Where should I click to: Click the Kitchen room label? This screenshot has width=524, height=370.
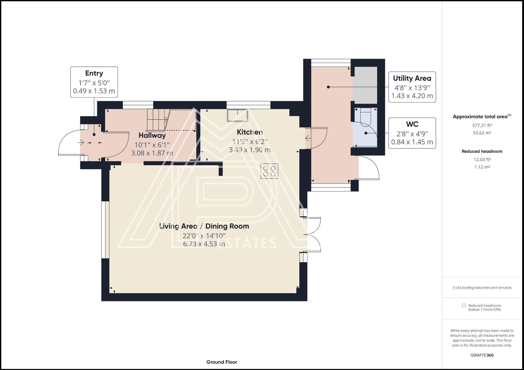pyautogui.click(x=250, y=132)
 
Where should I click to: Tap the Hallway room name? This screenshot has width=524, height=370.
pyautogui.click(x=152, y=135)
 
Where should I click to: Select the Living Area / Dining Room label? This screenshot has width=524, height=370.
pyautogui.click(x=204, y=226)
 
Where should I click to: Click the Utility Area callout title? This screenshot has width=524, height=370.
pyautogui.click(x=412, y=78)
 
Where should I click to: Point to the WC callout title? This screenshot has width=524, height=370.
pyautogui.click(x=412, y=124)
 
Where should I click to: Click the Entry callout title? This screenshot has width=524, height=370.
pyautogui.click(x=94, y=73)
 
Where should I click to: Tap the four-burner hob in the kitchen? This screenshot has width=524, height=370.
pyautogui.click(x=269, y=171)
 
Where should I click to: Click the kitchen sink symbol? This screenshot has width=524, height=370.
pyautogui.click(x=237, y=115)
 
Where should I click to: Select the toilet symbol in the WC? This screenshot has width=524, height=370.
pyautogui.click(x=366, y=117)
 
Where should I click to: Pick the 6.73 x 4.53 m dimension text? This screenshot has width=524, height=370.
pyautogui.click(x=204, y=244)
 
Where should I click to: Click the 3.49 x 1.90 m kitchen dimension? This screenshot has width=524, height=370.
pyautogui.click(x=249, y=150)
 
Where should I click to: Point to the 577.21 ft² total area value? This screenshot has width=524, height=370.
pyautogui.click(x=482, y=125)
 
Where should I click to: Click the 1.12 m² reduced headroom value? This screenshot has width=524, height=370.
pyautogui.click(x=482, y=167)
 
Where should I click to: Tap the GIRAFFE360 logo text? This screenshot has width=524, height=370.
pyautogui.click(x=482, y=355)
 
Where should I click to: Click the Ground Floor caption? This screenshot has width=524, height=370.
pyautogui.click(x=222, y=362)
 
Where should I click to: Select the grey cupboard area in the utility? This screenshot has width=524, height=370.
pyautogui.click(x=365, y=85)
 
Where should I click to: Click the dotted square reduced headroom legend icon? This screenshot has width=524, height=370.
pyautogui.click(x=464, y=305)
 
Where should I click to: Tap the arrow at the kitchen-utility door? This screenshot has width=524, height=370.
pyautogui.click(x=308, y=139)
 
